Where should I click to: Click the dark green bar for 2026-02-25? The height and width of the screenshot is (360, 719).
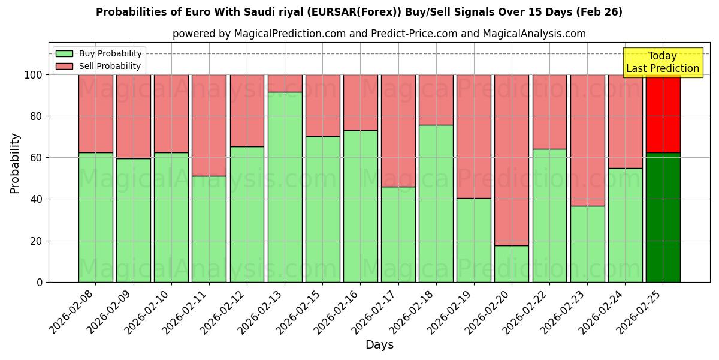click(663, 217)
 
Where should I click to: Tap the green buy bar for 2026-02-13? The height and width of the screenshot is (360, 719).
click(285, 187)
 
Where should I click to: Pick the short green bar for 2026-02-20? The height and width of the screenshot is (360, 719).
click(512, 263)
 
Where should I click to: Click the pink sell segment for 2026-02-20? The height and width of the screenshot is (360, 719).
click(512, 160)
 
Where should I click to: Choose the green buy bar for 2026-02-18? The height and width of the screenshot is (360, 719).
click(436, 203)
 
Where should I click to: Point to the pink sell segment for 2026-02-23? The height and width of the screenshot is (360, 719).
click(587, 140)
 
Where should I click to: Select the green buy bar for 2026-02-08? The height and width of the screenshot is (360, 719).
click(95, 217)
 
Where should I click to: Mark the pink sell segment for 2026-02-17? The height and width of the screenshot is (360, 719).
click(398, 131)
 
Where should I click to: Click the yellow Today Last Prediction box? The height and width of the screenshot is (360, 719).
click(663, 62)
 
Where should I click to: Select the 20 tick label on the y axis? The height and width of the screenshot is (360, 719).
click(37, 241)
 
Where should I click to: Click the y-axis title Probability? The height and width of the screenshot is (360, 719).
click(15, 163)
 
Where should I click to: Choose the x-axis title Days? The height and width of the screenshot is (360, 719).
click(379, 344)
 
